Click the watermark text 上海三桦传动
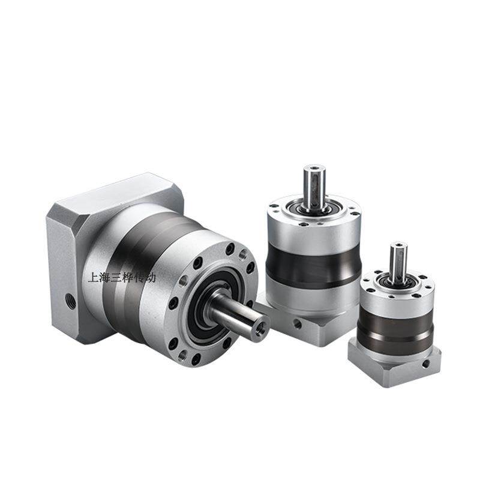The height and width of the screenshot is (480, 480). pyautogui.click(x=122, y=278)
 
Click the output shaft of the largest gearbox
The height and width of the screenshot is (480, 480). pyautogui.click(x=238, y=315)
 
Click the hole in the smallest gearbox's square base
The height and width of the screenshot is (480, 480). pyautogui.click(x=425, y=364)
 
